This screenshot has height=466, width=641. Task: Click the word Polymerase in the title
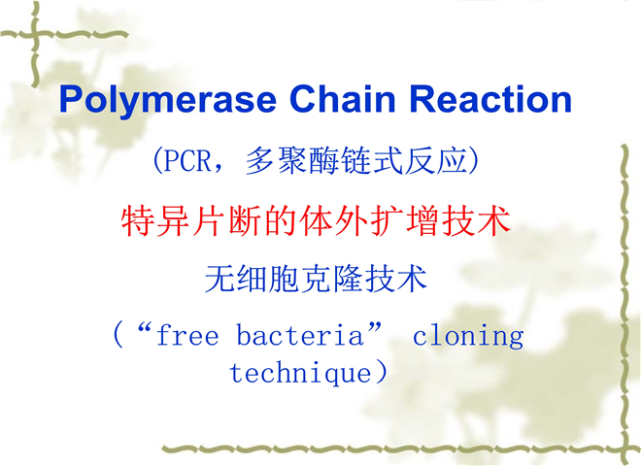point(168,100)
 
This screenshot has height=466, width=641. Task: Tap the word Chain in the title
point(343,98)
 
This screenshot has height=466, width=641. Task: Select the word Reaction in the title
point(490,98)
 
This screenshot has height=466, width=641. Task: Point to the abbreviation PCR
point(187,160)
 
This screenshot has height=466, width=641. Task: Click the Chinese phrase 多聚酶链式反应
point(356,160)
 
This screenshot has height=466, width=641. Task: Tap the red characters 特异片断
point(191,220)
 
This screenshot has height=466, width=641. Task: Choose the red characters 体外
point(333,220)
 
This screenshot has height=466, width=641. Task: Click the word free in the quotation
point(187,335)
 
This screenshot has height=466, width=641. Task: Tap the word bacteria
point(300,335)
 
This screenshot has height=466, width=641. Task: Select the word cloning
point(468,337)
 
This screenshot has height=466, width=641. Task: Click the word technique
point(300,374)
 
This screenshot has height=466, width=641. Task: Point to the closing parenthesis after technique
point(381,373)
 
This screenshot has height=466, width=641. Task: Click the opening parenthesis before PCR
point(157,160)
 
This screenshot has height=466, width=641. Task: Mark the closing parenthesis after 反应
point(473,160)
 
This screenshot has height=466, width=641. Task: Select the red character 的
point(281,220)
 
